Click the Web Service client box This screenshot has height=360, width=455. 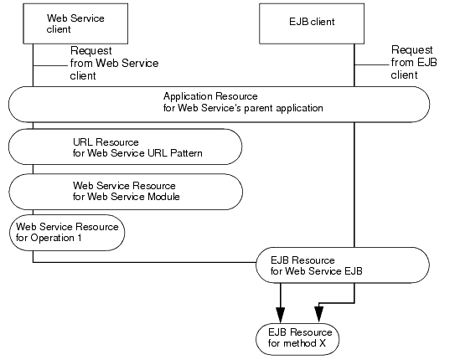[x=80, y=23]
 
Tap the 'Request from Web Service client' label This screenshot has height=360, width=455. [x=113, y=64]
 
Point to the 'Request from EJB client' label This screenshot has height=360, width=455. [x=411, y=64]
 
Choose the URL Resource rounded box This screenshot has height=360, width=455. [x=126, y=147]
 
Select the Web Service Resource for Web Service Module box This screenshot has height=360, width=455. [x=126, y=192]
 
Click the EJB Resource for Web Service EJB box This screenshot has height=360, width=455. [x=344, y=264]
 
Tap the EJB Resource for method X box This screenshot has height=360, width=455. [x=299, y=337]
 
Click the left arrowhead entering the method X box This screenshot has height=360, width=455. [x=281, y=315]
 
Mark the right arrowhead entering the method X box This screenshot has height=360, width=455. [x=318, y=315]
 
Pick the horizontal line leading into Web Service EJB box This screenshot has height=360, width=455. [x=142, y=264]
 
